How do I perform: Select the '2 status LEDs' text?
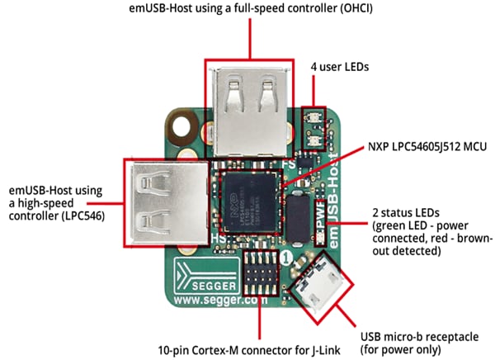point(399,211)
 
